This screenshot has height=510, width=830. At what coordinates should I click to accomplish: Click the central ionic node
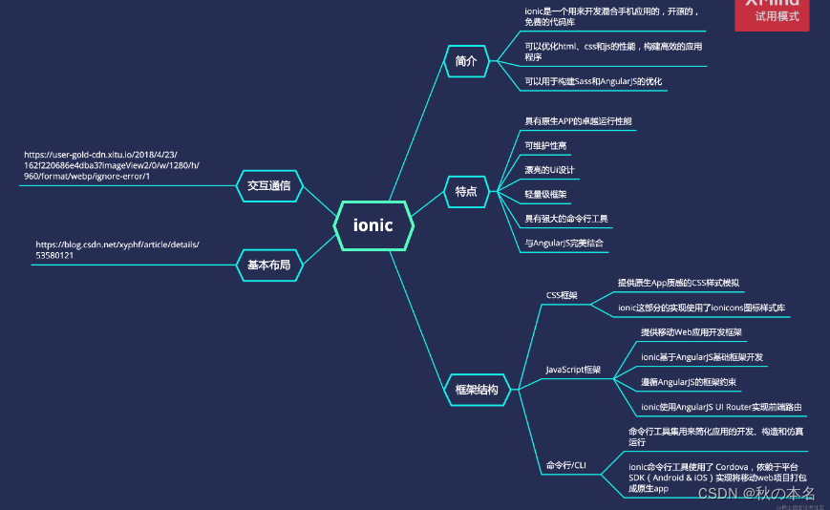click(373, 226)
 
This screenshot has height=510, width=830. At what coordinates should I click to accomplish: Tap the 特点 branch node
click(466, 192)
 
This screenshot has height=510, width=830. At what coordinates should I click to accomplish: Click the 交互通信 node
click(268, 185)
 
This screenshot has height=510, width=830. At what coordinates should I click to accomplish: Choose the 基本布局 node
click(268, 265)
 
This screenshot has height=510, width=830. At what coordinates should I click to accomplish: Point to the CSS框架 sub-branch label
click(562, 295)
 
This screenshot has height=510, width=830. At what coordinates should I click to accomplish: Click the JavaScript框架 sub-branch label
click(573, 369)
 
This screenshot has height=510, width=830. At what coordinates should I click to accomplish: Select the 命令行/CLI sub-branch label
click(566, 465)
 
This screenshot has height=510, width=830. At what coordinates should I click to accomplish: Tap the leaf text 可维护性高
click(545, 146)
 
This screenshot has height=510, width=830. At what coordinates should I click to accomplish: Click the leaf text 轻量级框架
click(545, 194)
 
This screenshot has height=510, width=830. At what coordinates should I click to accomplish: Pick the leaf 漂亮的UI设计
click(549, 170)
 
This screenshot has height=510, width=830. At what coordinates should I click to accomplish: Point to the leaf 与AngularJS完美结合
click(564, 243)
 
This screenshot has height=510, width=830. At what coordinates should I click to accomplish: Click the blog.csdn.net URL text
click(117, 250)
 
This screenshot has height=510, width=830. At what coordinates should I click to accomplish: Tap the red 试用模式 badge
click(777, 14)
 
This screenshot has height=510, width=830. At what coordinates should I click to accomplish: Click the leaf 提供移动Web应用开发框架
click(692, 332)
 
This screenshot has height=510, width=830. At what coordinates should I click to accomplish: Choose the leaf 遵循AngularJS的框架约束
click(690, 382)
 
